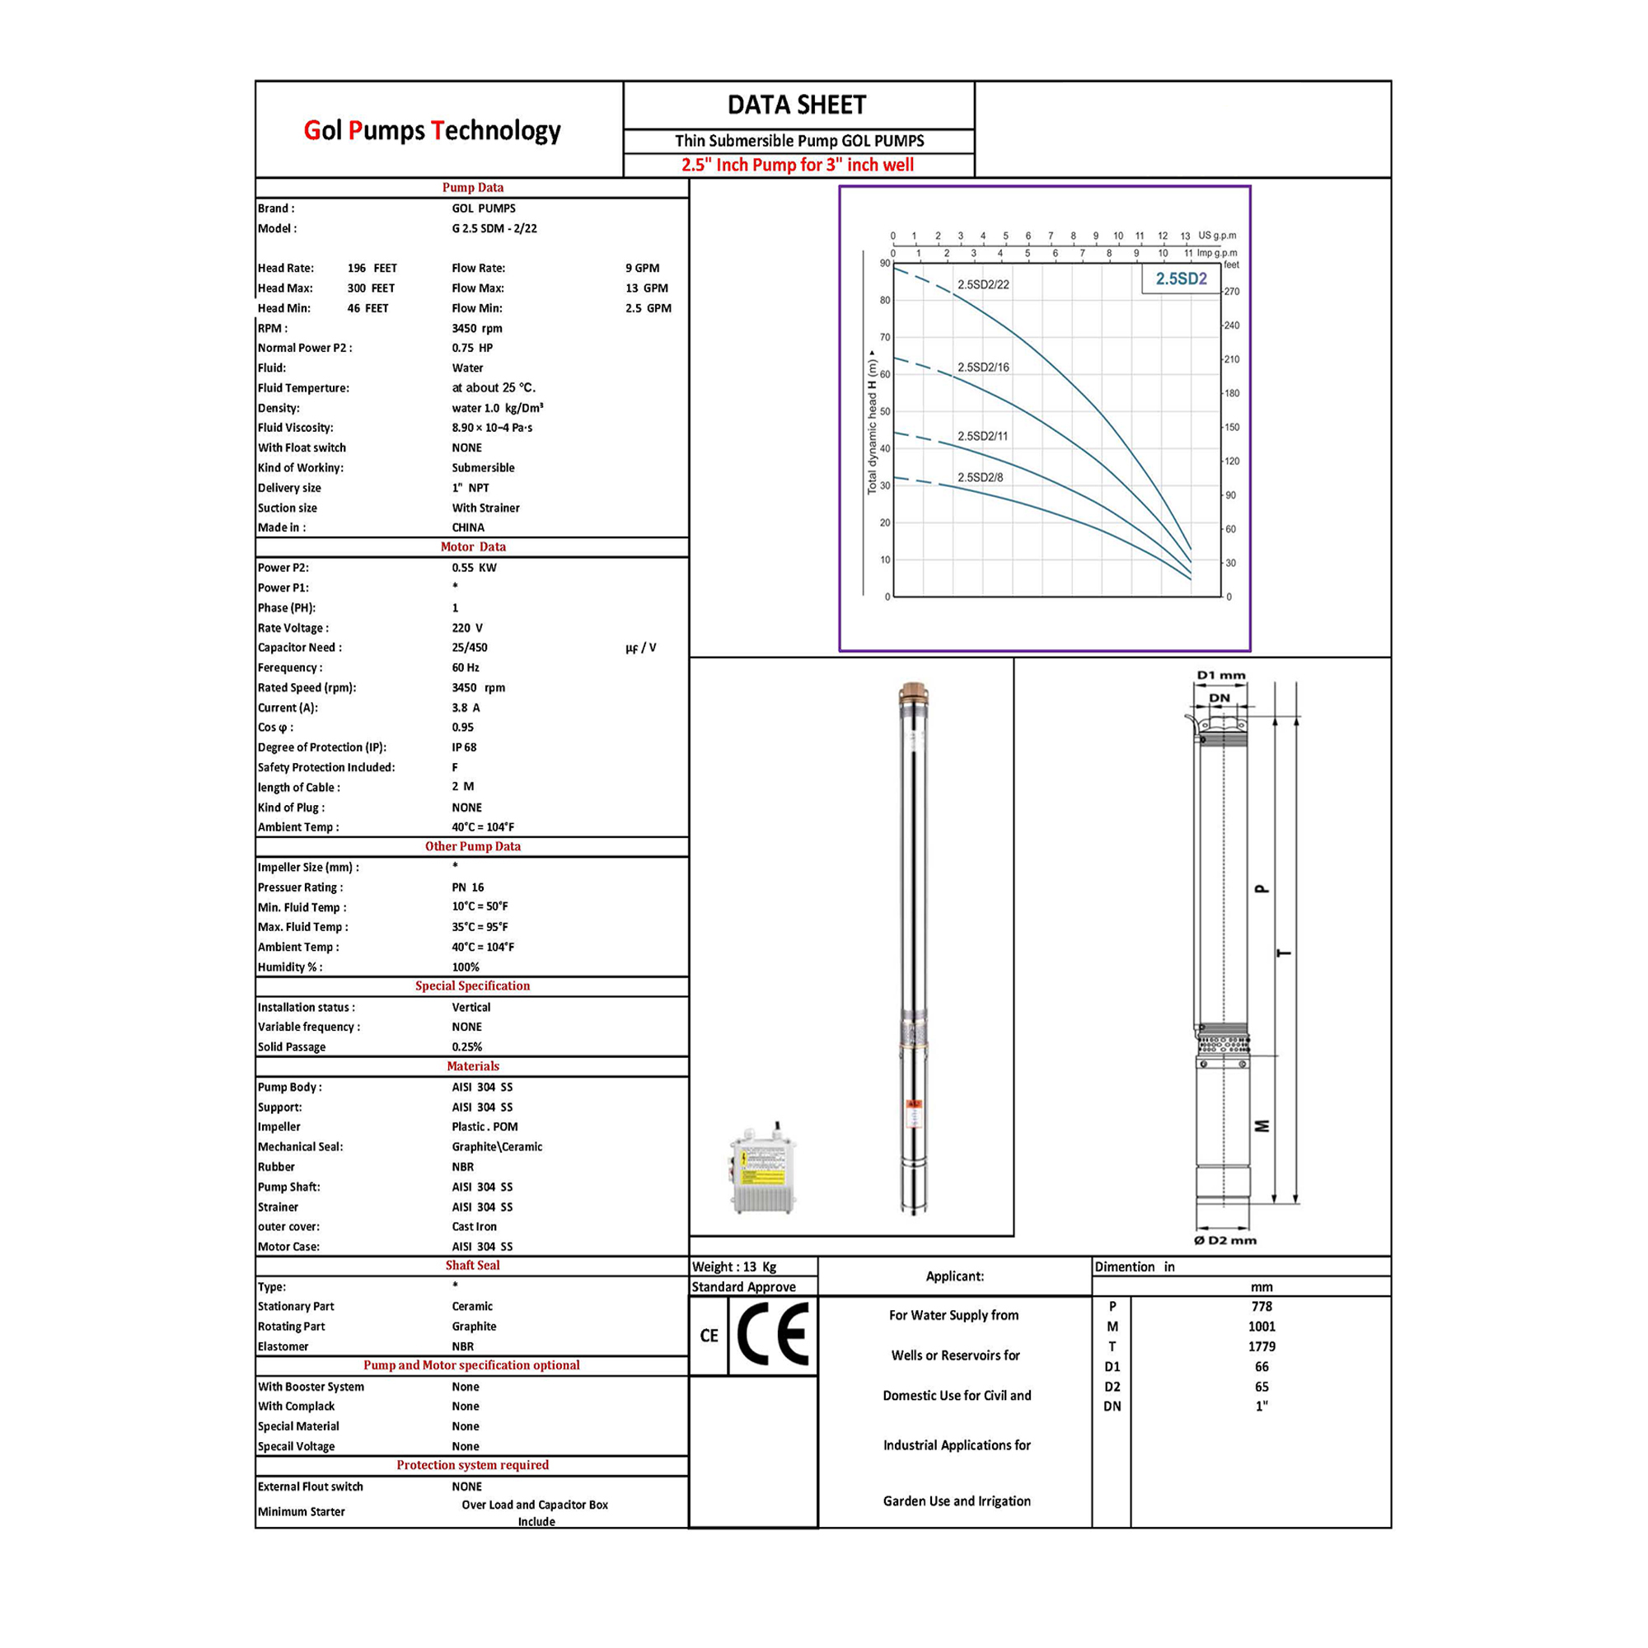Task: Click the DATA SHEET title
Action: [797, 105]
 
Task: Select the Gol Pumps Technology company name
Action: [433, 130]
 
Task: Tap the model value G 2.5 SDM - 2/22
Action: [494, 228]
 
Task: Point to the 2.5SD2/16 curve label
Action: [983, 367]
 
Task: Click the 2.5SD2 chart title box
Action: [1182, 279]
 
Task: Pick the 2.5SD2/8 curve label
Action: [980, 477]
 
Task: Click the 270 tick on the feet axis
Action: [1233, 292]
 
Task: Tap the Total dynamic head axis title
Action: [872, 423]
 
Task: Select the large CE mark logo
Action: [773, 1335]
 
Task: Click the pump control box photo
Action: [761, 1168]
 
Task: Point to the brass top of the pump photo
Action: [914, 693]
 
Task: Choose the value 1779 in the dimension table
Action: [1262, 1346]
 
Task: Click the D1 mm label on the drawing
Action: [1220, 675]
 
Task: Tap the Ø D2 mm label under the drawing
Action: [1225, 1239]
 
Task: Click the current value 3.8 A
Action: [466, 707]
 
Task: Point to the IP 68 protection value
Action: [464, 747]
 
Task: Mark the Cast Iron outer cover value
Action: [475, 1227]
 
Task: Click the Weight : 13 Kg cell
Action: [734, 1266]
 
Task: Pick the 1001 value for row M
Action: [1262, 1327]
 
